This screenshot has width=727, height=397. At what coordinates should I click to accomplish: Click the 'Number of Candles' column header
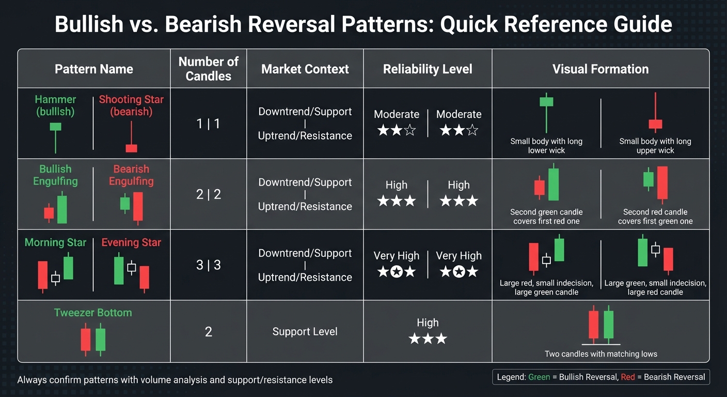(208, 69)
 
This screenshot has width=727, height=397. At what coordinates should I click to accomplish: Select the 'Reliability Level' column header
(428, 69)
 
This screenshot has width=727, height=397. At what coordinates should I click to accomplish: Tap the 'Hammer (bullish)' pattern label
(55, 105)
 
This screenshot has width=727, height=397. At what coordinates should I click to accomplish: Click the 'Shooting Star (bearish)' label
(131, 105)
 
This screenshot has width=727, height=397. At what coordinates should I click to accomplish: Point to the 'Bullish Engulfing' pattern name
(55, 175)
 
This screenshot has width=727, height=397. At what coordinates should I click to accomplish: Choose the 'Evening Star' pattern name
(131, 242)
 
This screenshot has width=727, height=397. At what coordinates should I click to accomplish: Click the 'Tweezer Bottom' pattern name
(93, 313)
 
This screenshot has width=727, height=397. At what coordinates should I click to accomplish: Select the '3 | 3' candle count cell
(208, 265)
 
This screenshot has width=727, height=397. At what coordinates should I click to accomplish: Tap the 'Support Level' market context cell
(305, 332)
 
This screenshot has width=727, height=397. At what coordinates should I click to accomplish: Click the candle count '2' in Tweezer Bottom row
(208, 332)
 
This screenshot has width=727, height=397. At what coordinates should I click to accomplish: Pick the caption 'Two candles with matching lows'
(600, 354)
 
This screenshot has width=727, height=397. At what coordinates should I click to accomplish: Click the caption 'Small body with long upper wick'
(655, 146)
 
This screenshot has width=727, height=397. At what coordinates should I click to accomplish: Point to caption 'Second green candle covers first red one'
(546, 217)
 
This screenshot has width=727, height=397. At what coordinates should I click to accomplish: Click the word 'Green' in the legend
(539, 377)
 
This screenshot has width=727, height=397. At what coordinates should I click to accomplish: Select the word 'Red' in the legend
(628, 377)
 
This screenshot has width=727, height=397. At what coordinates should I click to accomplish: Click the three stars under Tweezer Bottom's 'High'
(428, 339)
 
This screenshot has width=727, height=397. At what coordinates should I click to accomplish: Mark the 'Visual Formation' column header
(600, 69)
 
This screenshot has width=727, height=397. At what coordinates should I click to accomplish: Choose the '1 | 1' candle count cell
(208, 124)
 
